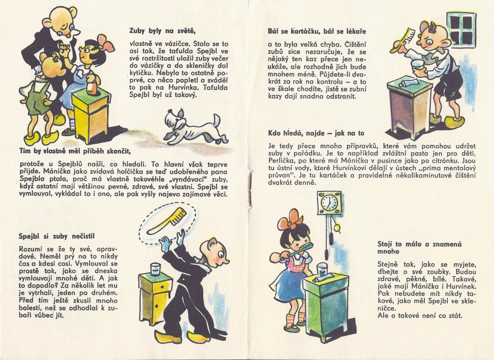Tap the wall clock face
329,203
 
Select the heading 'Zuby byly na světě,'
163,31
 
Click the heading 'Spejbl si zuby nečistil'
57,236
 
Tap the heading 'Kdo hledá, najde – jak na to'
316,133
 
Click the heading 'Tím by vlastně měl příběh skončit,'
74,152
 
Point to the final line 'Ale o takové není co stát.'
420,315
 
